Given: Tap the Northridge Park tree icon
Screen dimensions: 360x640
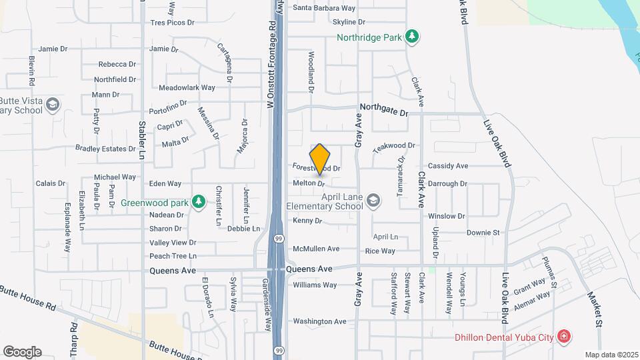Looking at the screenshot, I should (x=413, y=37).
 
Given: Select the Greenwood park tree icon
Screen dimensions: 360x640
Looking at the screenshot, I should (x=197, y=201).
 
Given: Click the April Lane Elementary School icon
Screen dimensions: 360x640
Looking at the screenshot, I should (x=373, y=201).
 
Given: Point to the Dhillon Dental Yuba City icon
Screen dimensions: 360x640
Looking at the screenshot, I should (x=564, y=336).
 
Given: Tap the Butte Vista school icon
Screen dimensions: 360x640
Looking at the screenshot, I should (x=53, y=104).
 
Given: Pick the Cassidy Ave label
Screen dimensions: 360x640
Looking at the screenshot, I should (x=448, y=165).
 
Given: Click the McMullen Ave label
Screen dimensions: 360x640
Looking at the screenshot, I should (x=316, y=249).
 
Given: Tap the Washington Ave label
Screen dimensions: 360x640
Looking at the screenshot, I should (x=320, y=321).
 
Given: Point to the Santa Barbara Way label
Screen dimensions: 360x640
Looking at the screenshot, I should (x=325, y=8).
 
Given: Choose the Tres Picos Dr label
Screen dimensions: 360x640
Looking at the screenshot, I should (x=172, y=22).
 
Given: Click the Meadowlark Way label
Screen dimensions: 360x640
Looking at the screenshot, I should (x=187, y=87).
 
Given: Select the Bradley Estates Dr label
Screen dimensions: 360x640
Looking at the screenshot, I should (x=105, y=148).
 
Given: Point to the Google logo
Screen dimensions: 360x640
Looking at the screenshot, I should (x=22, y=351).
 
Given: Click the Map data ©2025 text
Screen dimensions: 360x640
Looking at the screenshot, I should (x=611, y=355).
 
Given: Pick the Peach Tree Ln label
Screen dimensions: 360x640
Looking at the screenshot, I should (x=173, y=256).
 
